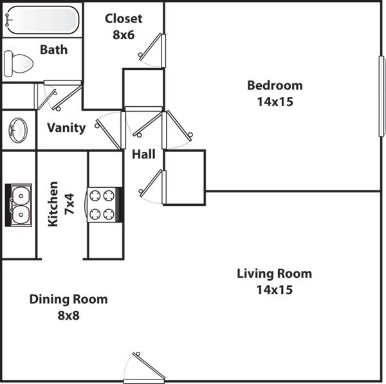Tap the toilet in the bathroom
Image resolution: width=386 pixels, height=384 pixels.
pos(19,63)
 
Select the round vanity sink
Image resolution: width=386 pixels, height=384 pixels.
pos(18,130)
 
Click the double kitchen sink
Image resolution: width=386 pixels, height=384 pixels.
pos(19,205)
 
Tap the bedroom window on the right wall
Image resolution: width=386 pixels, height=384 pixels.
pos(381,96)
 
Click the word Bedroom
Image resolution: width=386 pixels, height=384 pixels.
pos(275,86)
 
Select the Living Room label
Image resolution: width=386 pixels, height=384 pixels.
pos(275,274)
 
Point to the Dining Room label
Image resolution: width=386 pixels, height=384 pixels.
pos(69,300)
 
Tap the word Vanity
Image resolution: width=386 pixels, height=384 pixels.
pos(66,127)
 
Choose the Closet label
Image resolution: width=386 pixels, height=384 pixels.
pos(124,19)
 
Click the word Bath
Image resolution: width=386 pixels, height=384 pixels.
pos(54,50)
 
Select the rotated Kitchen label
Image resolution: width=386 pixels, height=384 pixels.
pos(54,204)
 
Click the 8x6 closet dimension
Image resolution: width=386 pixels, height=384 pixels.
pos(124,35)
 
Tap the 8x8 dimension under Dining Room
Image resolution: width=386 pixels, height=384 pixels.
pos(68,316)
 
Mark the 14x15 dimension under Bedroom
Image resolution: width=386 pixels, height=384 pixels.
pos(275,102)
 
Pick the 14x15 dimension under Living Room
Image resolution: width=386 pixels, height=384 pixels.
pos(275,290)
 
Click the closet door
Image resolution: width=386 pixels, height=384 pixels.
pos(153,49)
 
